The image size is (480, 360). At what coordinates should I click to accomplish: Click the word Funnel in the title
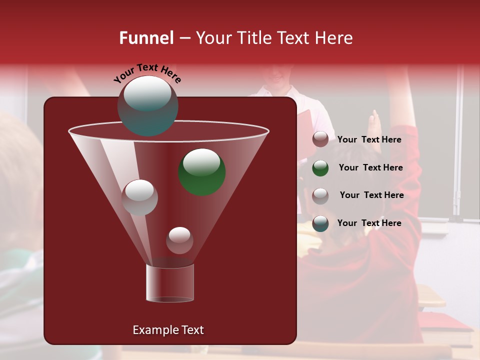(x=146, y=38)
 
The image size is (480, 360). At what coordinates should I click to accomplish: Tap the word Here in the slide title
(x=333, y=38)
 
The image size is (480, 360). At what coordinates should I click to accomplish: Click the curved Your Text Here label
(x=147, y=72)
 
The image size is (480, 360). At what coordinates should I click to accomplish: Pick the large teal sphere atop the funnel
(x=147, y=106)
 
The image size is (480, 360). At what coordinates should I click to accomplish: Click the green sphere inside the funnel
(x=202, y=171)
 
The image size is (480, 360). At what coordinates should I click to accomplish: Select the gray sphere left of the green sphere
(x=139, y=197)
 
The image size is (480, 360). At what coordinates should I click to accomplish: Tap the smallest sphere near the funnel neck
(x=179, y=240)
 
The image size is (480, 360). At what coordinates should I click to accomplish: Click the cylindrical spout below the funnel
(x=170, y=283)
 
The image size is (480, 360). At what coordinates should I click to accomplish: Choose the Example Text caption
(x=168, y=330)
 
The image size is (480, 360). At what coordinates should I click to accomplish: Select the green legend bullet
(x=320, y=168)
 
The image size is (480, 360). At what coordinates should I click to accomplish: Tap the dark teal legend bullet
(x=320, y=223)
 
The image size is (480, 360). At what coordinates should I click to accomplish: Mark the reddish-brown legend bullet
(x=320, y=139)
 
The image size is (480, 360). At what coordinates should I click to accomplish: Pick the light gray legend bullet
(x=320, y=195)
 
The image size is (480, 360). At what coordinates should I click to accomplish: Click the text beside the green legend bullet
(x=370, y=168)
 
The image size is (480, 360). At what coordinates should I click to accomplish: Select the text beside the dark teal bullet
(x=369, y=223)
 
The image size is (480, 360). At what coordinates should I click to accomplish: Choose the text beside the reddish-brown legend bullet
(x=369, y=139)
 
